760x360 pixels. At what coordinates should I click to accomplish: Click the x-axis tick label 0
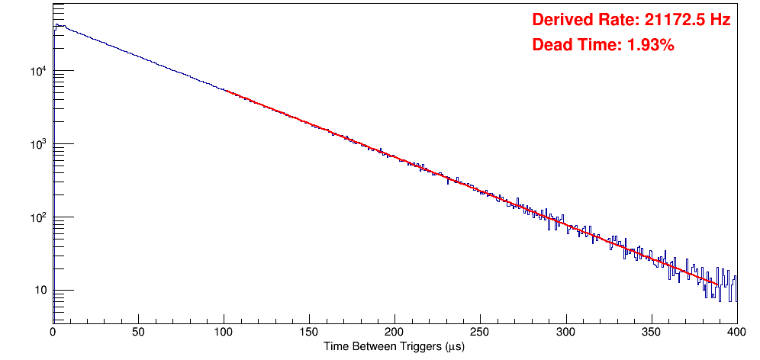pyautogui.click(x=53, y=332)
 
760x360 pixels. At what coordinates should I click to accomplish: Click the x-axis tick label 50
pyautogui.click(x=138, y=332)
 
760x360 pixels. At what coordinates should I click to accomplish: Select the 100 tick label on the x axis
pyautogui.click(x=224, y=332)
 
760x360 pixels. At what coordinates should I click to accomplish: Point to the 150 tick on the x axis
pyautogui.click(x=309, y=332)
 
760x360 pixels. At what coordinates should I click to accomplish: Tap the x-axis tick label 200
pyautogui.click(x=394, y=332)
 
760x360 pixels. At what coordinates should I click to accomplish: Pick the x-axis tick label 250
pyautogui.click(x=480, y=332)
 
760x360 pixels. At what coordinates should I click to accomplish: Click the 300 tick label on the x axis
pyautogui.click(x=565, y=332)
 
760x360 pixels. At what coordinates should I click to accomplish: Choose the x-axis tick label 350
pyautogui.click(x=651, y=332)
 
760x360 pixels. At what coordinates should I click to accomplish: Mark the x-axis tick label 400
pyautogui.click(x=736, y=332)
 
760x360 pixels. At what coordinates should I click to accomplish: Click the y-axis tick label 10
pyautogui.click(x=40, y=291)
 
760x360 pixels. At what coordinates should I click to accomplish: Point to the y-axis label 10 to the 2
pyautogui.click(x=39, y=217)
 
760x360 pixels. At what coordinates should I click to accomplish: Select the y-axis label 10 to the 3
pyautogui.click(x=39, y=144)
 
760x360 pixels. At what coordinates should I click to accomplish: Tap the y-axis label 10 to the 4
pyautogui.click(x=39, y=72)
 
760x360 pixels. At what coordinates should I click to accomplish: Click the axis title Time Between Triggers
pyautogui.click(x=394, y=346)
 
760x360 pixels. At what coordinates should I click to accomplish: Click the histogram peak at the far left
pyautogui.click(x=56, y=24)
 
